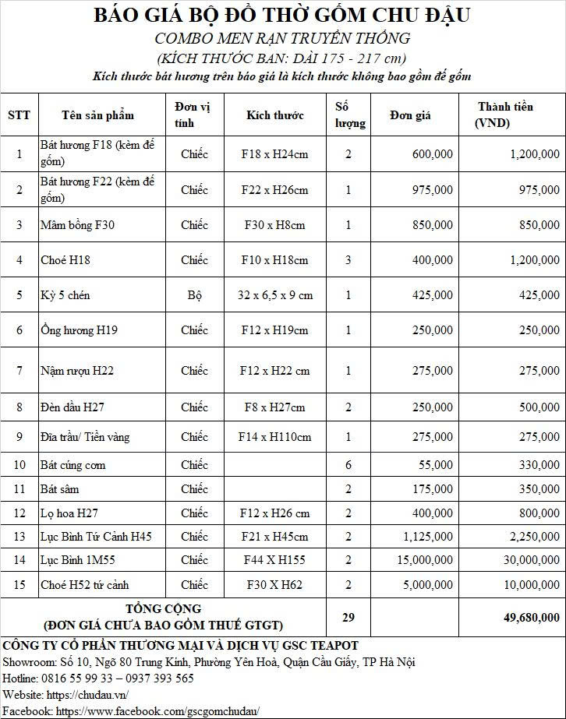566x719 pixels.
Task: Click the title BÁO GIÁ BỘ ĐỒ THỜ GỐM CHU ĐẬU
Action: [281, 15]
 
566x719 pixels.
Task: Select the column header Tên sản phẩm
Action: [97, 115]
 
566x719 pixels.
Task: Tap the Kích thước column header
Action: [274, 115]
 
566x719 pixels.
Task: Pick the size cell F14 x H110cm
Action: [274, 437]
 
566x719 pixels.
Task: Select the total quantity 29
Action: [348, 617]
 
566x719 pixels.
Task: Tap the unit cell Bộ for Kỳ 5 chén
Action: [194, 295]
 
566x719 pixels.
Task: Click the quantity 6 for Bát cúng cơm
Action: [348, 465]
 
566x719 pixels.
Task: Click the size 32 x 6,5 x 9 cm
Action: [274, 295]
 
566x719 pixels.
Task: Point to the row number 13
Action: [19, 537]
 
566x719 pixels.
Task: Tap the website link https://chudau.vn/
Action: [89, 695]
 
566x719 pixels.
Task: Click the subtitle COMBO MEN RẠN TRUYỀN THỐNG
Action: [281, 38]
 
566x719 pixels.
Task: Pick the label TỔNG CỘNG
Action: [163, 608]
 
